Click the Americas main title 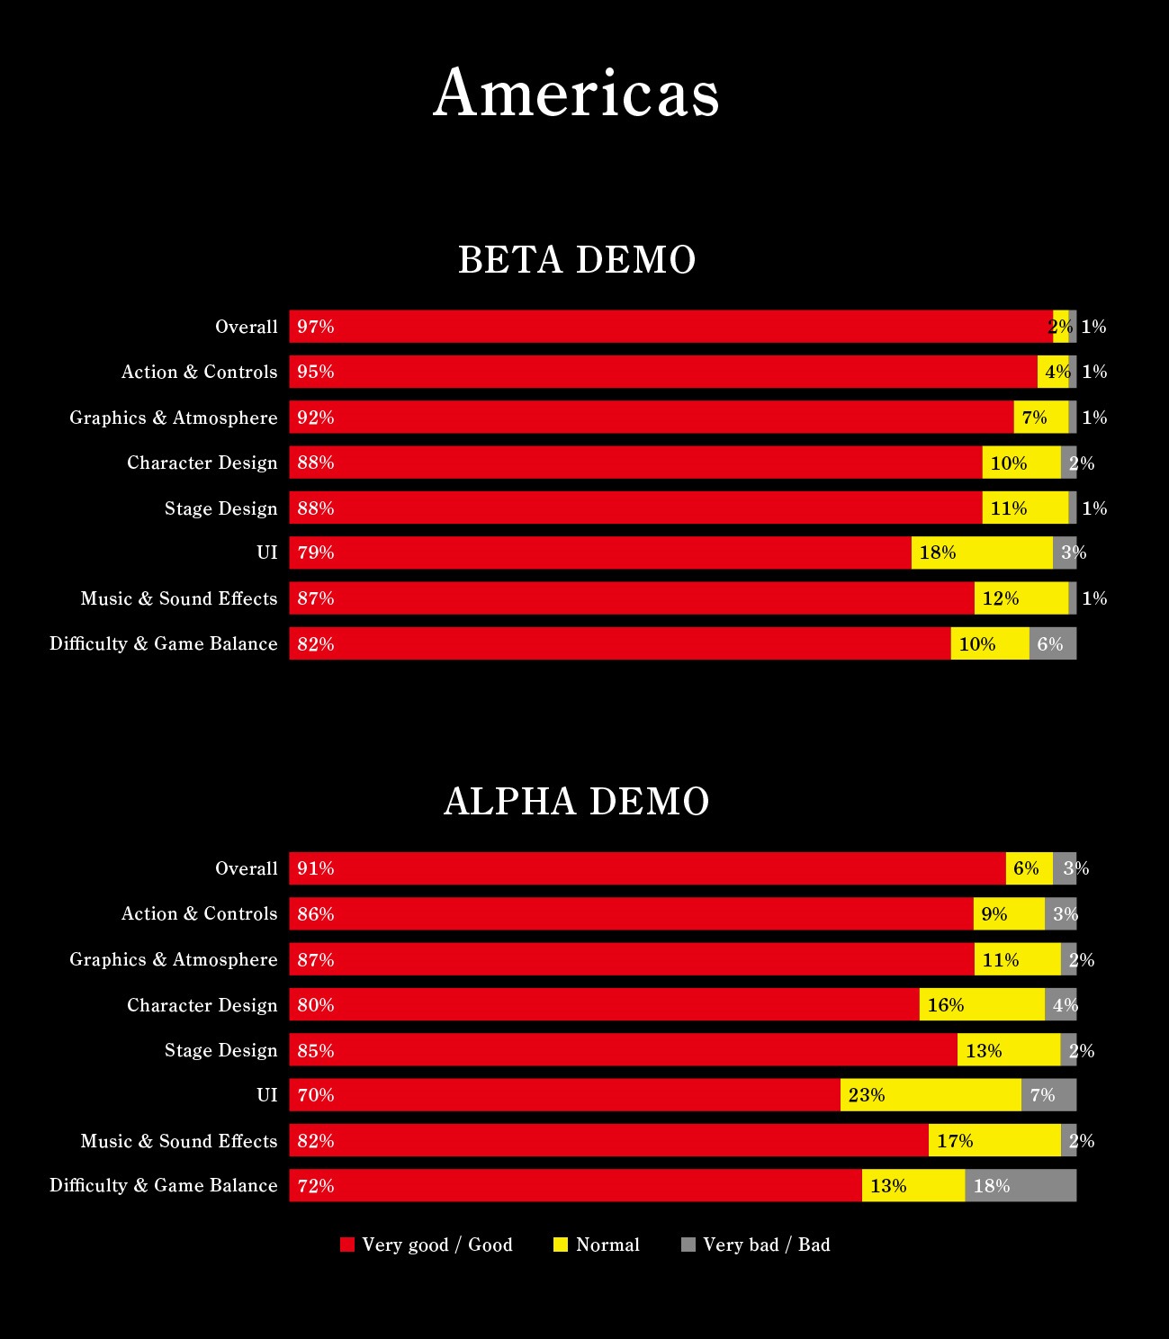(x=576, y=92)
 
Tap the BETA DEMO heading (x=577, y=260)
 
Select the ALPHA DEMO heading (x=577, y=802)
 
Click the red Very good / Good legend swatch (x=347, y=1245)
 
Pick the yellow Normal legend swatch (x=561, y=1245)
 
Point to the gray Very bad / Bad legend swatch (x=688, y=1245)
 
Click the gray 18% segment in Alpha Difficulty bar (x=1021, y=1185)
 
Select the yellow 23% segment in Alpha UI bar (x=931, y=1095)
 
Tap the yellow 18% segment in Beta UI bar (x=982, y=553)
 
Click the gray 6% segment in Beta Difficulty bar (x=1052, y=643)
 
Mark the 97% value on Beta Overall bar (x=316, y=327)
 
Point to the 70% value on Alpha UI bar (x=316, y=1095)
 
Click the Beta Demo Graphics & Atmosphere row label (x=174, y=418)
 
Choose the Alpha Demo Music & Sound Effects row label (x=179, y=1141)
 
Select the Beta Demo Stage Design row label (x=221, y=508)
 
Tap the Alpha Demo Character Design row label (x=202, y=1005)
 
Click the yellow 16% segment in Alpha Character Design (x=982, y=1004)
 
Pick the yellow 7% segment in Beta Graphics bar (x=1040, y=417)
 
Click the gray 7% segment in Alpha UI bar (x=1048, y=1095)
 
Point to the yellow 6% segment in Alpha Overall (x=1029, y=868)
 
